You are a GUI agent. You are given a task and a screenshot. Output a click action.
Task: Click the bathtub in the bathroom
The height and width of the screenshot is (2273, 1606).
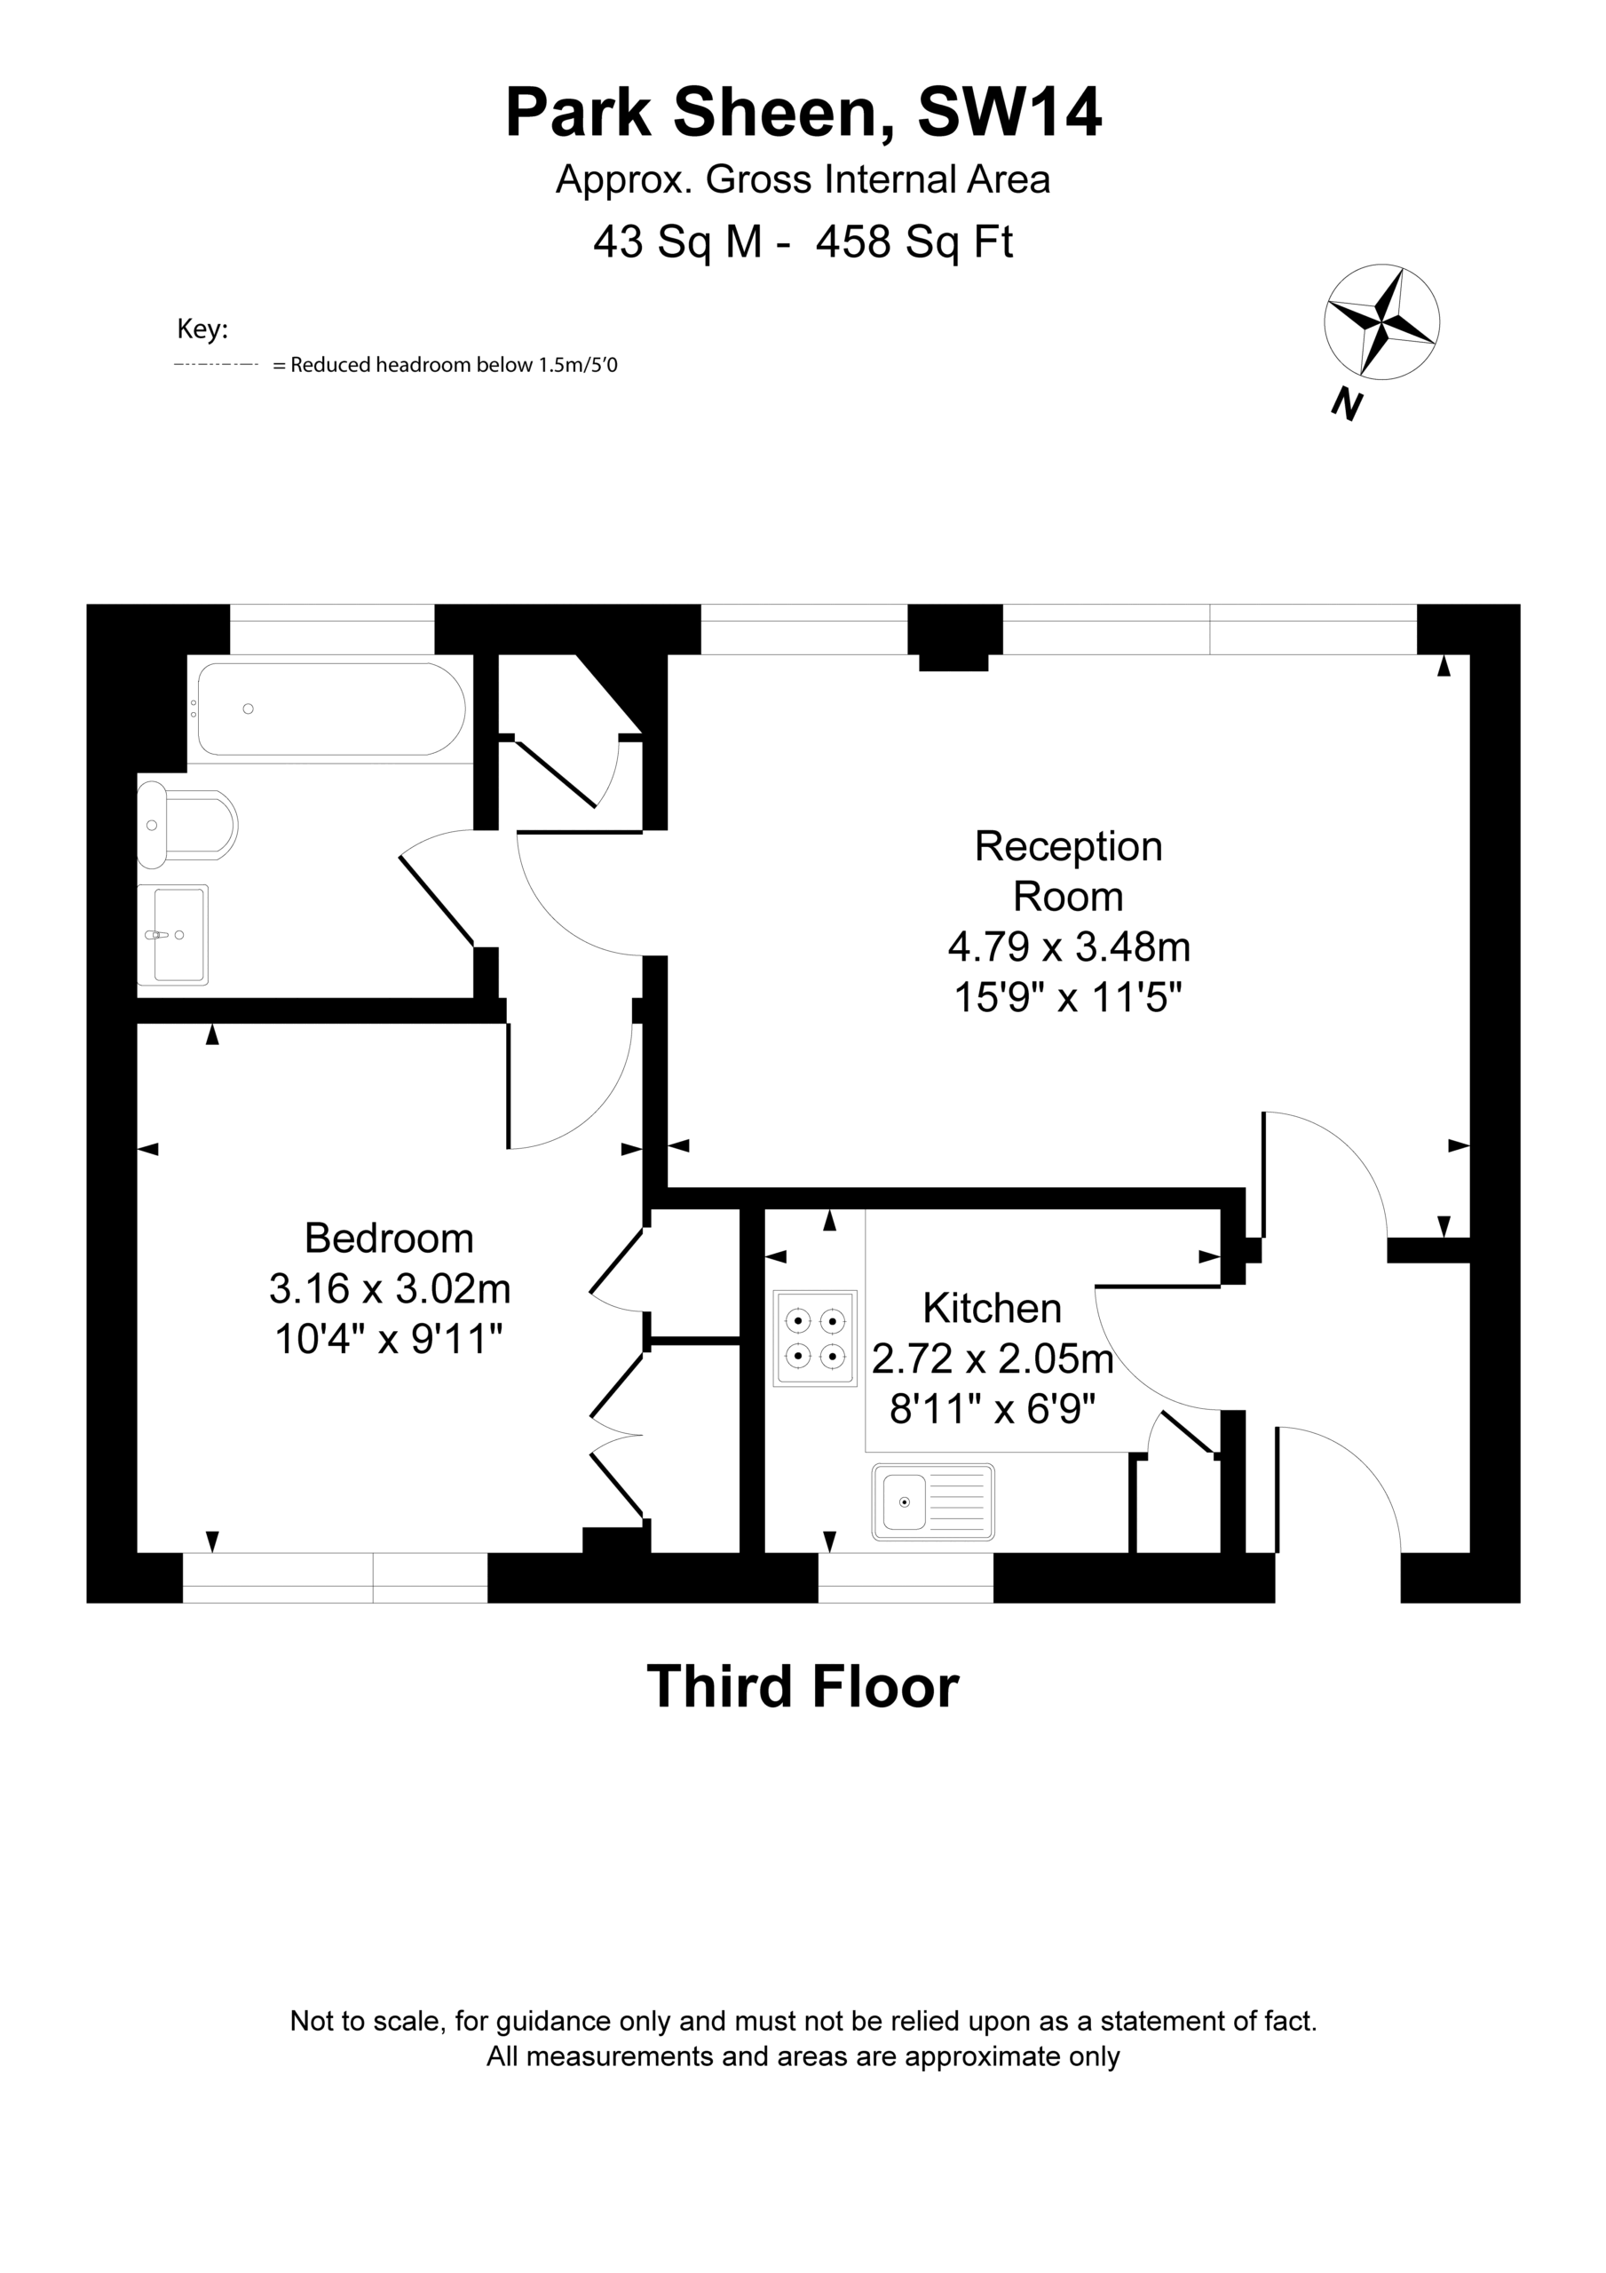coord(331,709)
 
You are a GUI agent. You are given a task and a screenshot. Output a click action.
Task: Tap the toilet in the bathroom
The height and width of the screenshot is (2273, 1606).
coord(187,824)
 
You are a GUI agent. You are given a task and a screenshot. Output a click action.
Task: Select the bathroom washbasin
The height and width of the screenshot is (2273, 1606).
coord(173,935)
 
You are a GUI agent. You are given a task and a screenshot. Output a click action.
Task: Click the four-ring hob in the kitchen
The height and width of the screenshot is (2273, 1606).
coord(816,1337)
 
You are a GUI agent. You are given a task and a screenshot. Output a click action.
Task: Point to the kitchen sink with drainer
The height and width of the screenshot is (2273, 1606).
coord(933,1501)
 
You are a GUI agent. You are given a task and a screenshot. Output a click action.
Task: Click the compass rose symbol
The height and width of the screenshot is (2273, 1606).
coord(1381,321)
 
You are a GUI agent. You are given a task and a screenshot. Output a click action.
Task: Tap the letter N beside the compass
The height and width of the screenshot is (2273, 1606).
coord(1347,404)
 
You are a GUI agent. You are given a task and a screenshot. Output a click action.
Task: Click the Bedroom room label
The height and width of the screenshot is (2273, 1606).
coord(389,1238)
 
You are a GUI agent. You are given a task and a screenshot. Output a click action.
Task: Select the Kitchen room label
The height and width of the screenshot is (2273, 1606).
coord(993,1308)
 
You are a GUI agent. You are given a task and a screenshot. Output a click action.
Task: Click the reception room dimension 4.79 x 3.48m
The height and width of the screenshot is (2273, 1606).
coord(1068,946)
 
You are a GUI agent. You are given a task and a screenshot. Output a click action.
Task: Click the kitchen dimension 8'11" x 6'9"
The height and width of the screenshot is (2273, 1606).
coord(993,1408)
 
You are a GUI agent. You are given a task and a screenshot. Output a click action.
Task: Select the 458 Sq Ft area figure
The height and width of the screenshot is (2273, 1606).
coord(914,242)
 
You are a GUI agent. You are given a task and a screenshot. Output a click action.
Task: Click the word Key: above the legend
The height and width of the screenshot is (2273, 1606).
coord(202,329)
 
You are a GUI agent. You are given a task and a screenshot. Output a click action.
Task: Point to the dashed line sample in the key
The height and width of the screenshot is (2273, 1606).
coord(216,365)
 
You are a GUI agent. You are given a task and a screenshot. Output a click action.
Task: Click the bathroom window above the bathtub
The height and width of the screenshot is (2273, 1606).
coord(333,629)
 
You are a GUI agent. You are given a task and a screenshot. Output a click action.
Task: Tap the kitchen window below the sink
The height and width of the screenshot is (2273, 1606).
coord(905,1577)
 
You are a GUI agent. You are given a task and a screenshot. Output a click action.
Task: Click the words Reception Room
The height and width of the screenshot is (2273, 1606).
coord(1068,871)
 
